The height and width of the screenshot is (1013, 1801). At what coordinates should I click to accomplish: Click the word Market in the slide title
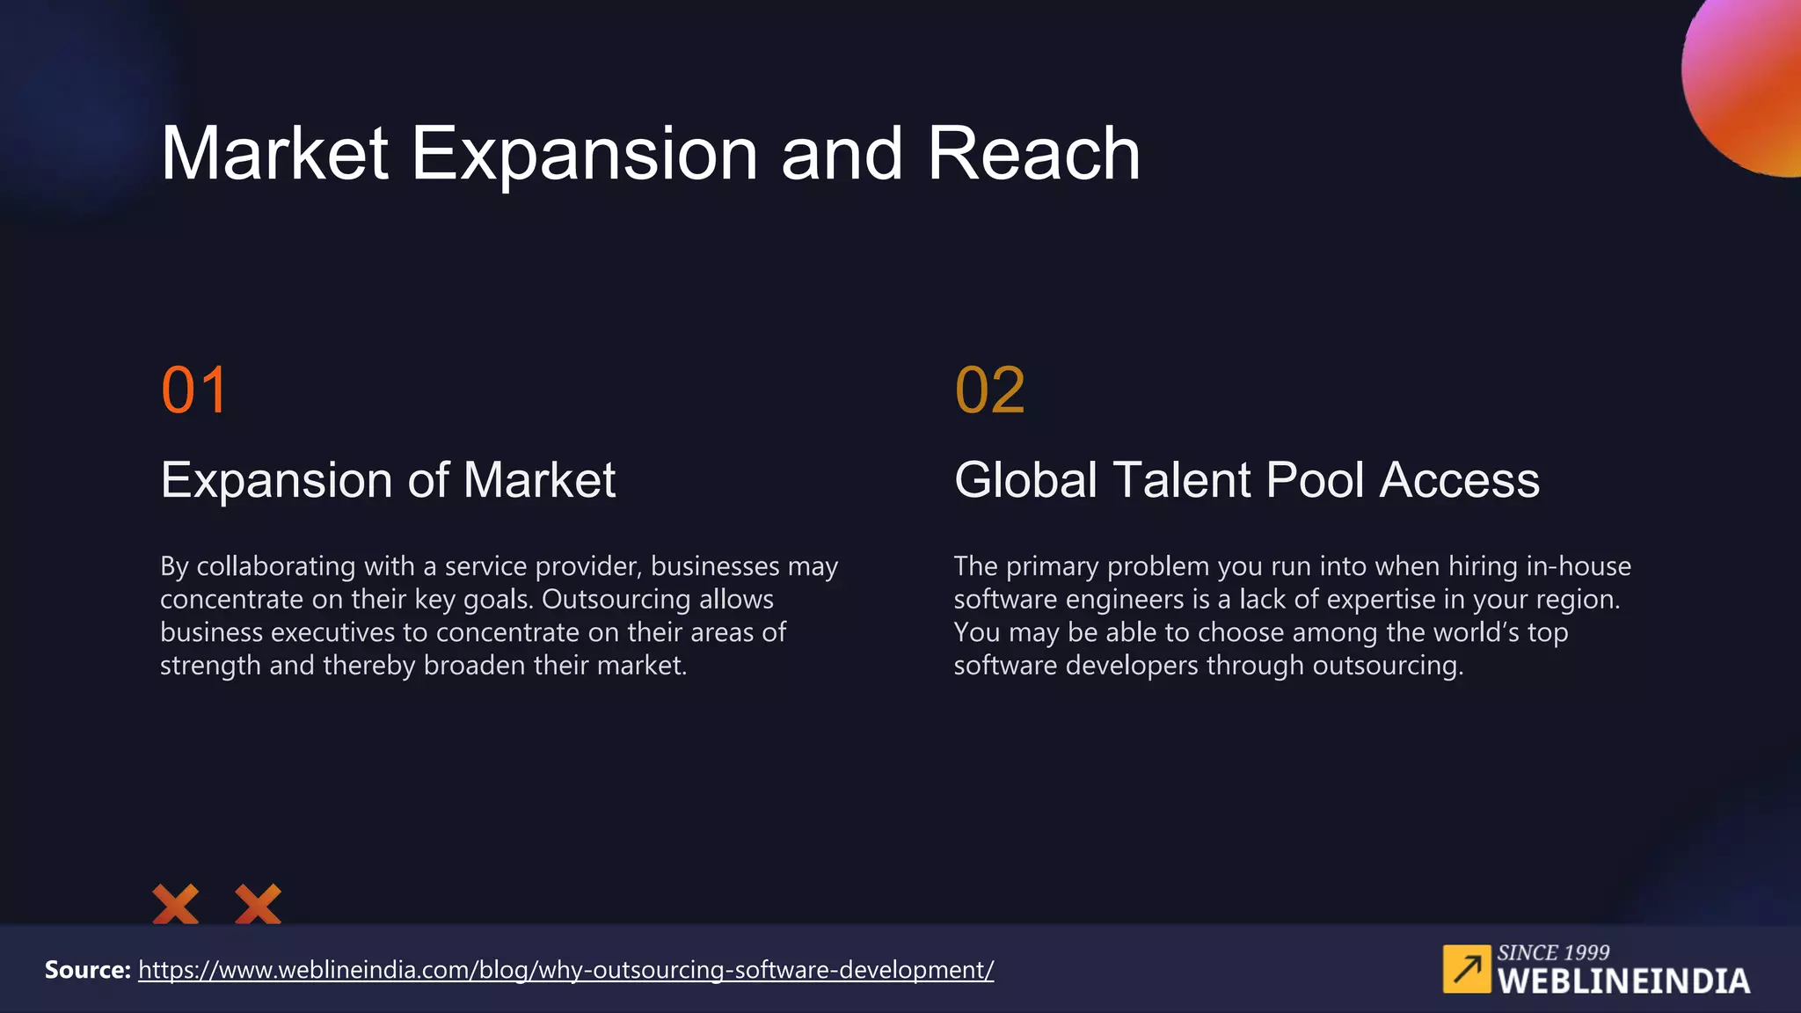click(274, 154)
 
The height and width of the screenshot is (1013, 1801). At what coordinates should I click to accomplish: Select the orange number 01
click(194, 390)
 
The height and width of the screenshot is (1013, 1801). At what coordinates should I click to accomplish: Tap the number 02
click(990, 390)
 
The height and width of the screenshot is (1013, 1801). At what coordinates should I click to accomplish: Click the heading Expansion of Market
click(388, 480)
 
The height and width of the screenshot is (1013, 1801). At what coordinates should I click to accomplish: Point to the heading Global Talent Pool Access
click(1247, 480)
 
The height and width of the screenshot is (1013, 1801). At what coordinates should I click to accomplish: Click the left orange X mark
click(176, 904)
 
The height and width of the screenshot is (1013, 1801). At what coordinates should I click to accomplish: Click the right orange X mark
click(259, 904)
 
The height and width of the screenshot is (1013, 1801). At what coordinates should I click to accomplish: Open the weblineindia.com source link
click(565, 970)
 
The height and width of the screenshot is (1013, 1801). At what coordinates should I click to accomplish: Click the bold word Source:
click(88, 970)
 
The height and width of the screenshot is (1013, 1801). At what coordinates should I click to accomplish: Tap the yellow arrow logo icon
click(1467, 969)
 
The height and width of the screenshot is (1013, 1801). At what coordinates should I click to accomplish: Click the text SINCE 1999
click(1553, 952)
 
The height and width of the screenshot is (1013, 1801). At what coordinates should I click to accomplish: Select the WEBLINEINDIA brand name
click(1623, 981)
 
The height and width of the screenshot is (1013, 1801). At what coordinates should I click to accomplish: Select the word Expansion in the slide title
click(584, 154)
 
